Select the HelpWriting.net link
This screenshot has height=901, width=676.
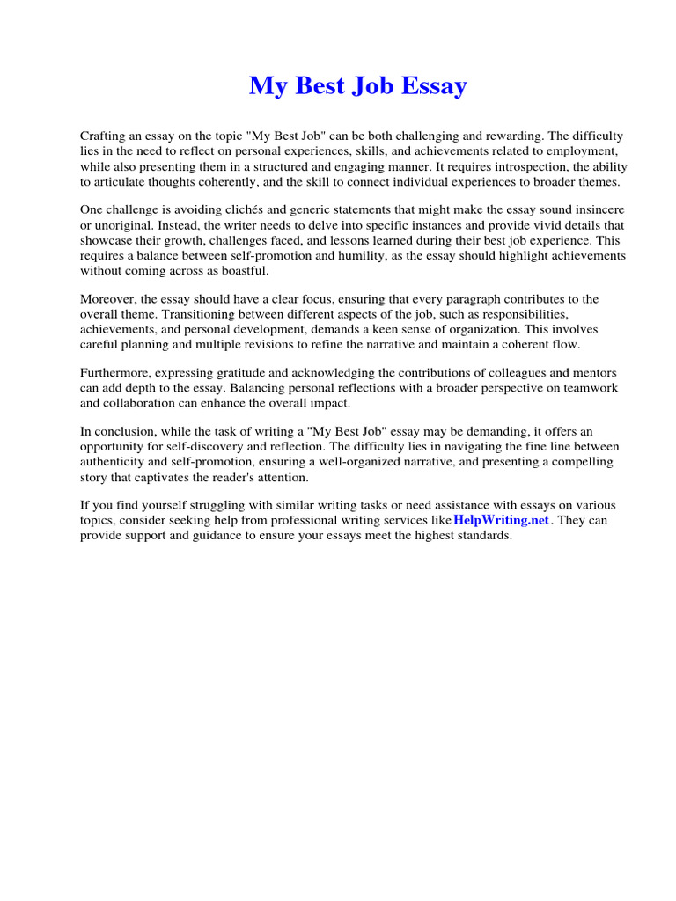point(501,520)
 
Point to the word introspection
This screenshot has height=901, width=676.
point(497,166)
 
